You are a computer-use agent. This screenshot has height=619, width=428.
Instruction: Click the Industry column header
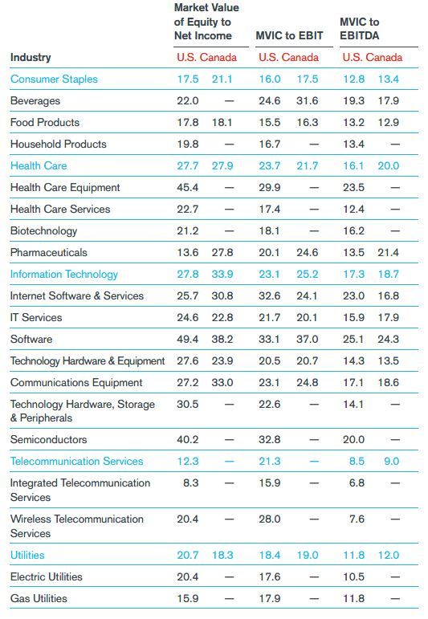(31, 57)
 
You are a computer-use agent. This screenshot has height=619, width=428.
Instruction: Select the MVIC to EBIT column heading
(289, 35)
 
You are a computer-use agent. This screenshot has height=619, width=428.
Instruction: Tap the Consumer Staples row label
(54, 79)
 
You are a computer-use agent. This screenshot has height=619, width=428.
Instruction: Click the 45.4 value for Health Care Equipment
(188, 188)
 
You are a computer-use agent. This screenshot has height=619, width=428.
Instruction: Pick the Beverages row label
(35, 101)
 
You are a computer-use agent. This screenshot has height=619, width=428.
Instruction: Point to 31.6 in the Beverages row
(308, 100)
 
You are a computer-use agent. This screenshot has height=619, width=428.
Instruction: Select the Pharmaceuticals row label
(48, 253)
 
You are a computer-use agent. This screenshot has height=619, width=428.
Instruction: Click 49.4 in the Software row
(188, 339)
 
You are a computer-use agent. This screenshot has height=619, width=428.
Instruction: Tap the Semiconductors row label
(48, 439)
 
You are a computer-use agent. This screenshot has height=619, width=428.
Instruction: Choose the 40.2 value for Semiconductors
(188, 439)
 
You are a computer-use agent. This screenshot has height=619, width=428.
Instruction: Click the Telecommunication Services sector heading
(76, 461)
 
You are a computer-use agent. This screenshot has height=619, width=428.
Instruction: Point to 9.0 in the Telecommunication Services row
(391, 461)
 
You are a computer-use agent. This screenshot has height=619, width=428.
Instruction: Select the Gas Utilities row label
(39, 598)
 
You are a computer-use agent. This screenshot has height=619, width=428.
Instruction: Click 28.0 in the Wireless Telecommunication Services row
(270, 519)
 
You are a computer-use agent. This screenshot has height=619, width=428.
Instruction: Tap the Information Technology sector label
(64, 275)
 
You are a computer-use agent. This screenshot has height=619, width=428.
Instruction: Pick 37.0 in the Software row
(308, 339)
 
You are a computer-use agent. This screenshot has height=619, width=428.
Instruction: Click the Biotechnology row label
(43, 231)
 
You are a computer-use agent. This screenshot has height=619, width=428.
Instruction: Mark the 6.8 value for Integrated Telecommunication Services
(357, 483)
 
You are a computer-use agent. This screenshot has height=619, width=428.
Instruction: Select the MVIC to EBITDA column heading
(359, 29)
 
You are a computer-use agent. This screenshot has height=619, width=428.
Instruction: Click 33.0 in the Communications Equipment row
(222, 382)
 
